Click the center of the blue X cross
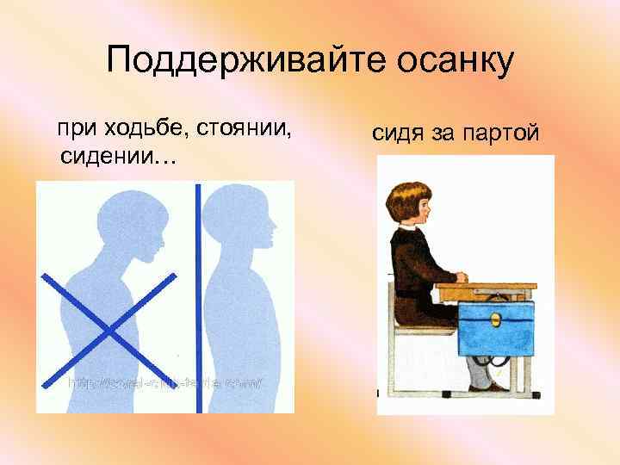108,329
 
